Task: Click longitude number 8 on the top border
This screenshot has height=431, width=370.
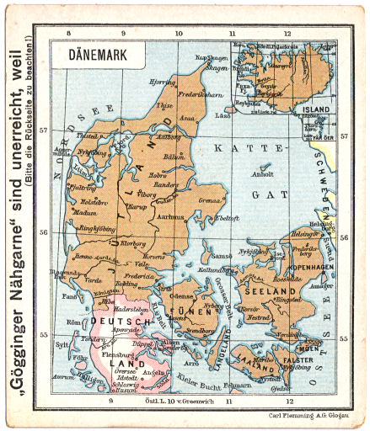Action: pos(68,34)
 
